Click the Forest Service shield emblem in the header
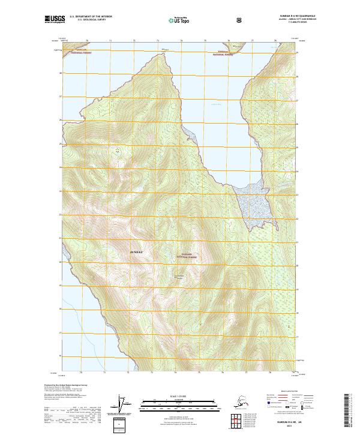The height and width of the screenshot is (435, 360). [x=240, y=20]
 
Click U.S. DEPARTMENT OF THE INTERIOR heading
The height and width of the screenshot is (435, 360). [x=91, y=17]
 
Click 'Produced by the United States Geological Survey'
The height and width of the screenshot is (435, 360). [x=62, y=385]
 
